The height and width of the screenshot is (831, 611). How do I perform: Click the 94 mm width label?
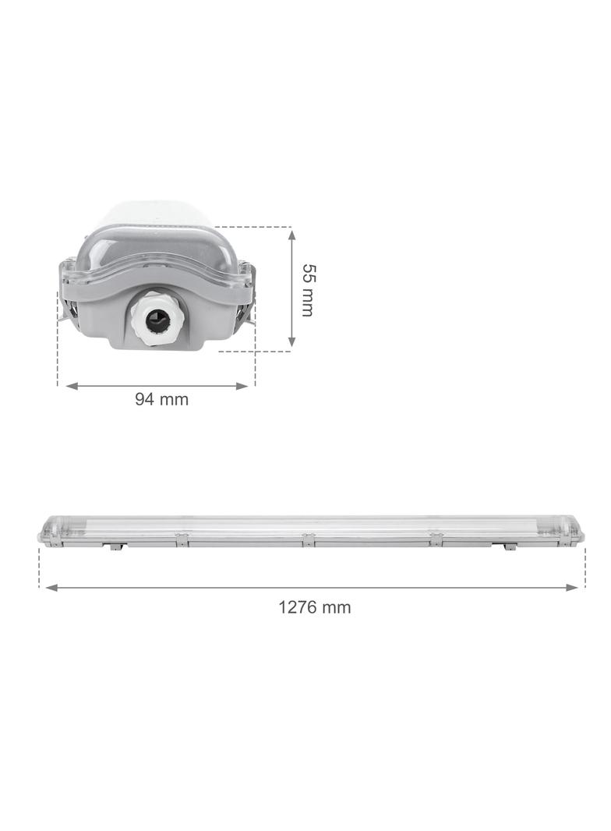point(162,399)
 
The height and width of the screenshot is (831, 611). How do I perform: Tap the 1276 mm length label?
point(315,606)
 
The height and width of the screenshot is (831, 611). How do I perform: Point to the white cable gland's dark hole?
point(156,320)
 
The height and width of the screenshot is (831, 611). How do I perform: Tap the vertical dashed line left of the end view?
point(58,343)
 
